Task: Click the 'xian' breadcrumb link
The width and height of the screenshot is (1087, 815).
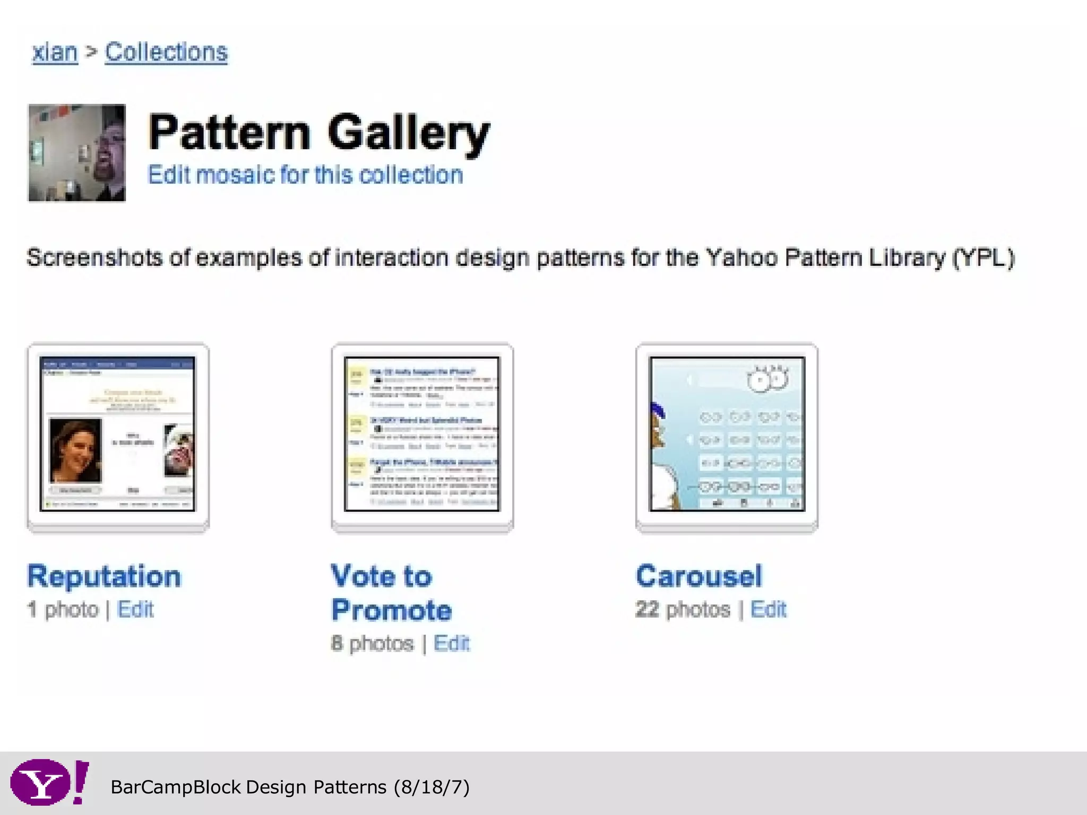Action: pos(55,53)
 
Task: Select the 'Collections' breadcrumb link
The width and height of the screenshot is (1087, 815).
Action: pos(166,53)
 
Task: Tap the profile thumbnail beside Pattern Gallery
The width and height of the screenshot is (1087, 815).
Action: pos(77,153)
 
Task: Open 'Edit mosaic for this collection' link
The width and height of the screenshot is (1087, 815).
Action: pos(305,175)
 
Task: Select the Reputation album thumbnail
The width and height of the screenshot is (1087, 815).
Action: pos(117,434)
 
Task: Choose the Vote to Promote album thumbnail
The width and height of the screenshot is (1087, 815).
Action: pos(422,434)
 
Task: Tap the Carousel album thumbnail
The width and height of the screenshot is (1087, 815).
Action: pos(727,434)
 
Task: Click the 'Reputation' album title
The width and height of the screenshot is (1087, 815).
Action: pos(104,577)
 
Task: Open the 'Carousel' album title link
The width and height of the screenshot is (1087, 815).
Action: pos(698,577)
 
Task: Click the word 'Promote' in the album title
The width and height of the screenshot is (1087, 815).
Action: pos(391,611)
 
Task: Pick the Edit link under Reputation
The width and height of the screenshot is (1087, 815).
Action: pos(135,610)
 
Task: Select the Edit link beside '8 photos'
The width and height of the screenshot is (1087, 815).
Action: pos(451,644)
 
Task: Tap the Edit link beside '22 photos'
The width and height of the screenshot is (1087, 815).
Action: pos(768,610)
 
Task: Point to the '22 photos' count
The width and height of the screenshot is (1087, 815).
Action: pos(683,610)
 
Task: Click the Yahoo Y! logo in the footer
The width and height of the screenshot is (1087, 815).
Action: pos(49,782)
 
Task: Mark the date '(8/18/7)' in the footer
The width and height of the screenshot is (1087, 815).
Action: pos(432,787)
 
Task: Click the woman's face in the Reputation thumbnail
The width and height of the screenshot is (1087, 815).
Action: pos(76,448)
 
